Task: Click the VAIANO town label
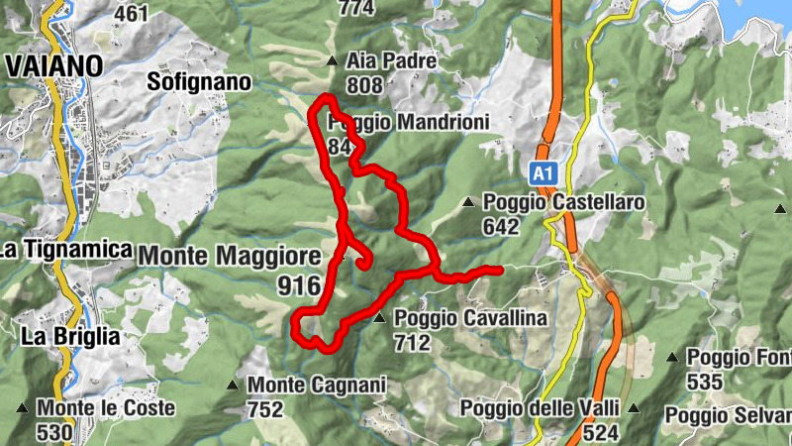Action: pos(53,65)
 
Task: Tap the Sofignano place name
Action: pos(198,81)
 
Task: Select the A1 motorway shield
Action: pos(541,174)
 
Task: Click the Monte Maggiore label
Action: pos(230,255)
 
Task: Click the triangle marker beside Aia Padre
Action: pos(332,61)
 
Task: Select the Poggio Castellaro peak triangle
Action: pos(468,203)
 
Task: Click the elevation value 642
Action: pos(501,226)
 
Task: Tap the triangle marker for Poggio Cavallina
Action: pos(379,319)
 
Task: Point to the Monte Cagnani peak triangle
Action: pos(233,385)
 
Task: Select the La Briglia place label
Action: pos(70,336)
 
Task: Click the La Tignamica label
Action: pos(66,250)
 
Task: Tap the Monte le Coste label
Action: pos(106,407)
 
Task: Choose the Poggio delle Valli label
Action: pos(540,408)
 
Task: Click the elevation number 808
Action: pos(364,85)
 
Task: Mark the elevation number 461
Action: pos(132,14)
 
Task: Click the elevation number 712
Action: pos(412,343)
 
